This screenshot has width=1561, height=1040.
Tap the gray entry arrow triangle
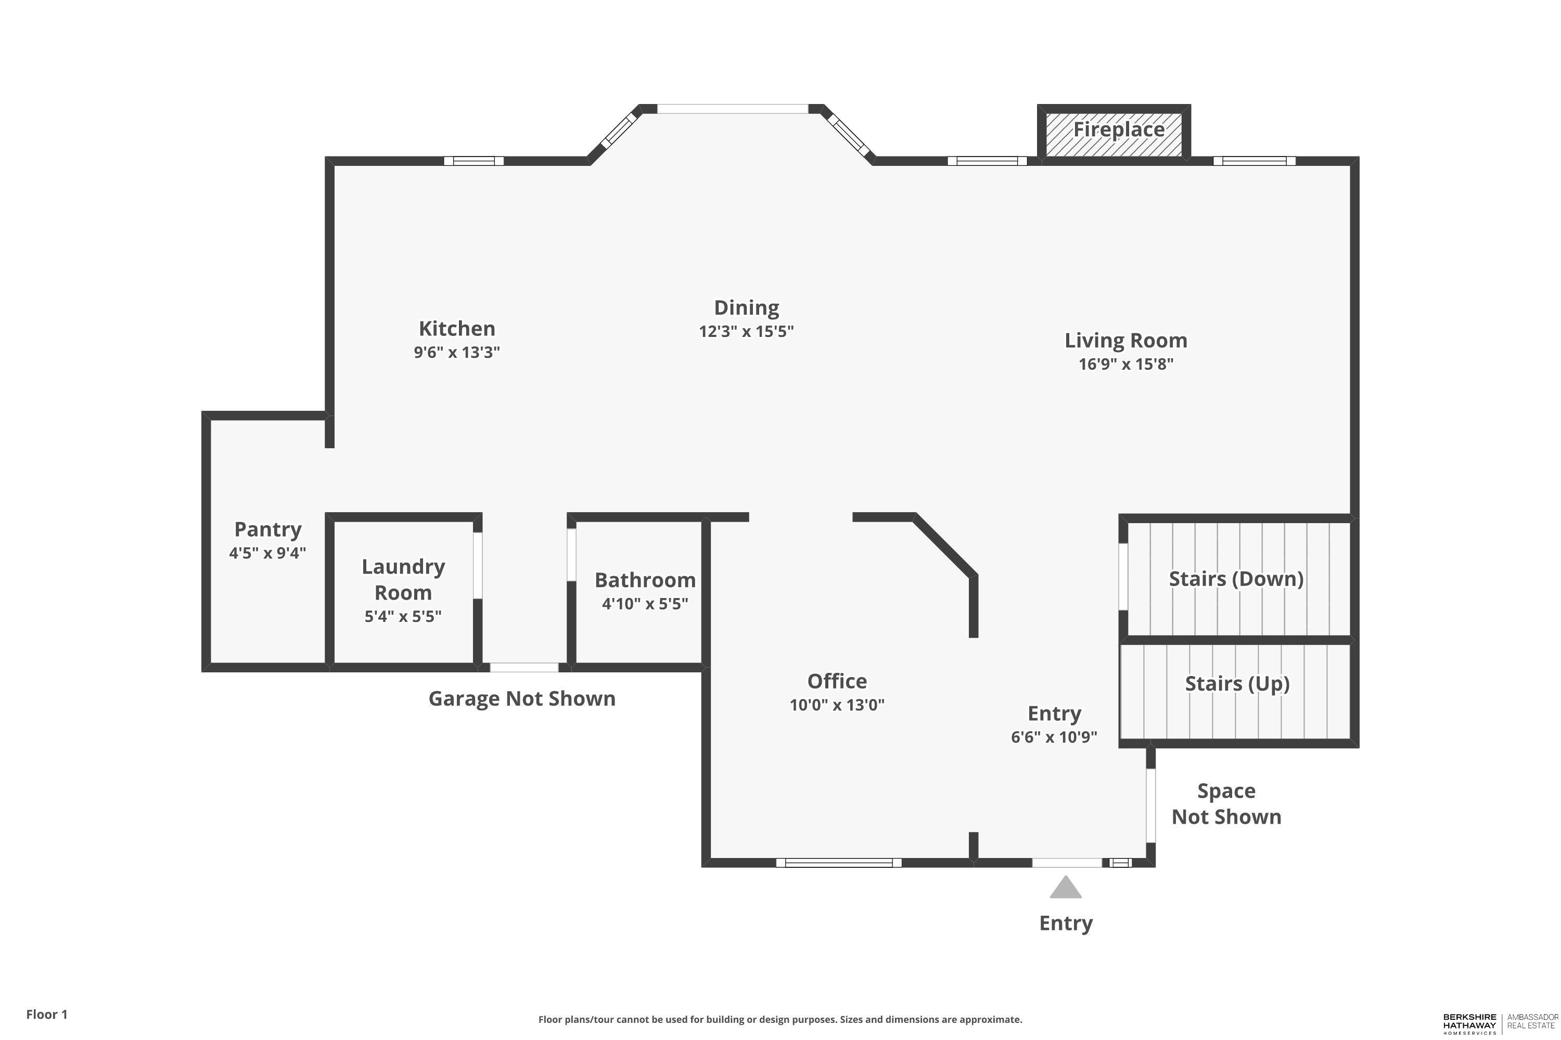1065,888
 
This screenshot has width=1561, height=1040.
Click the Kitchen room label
457,328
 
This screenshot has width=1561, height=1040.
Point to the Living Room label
1125,340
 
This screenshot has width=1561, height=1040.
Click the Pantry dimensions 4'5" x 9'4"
267,552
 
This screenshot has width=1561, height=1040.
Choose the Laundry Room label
403,579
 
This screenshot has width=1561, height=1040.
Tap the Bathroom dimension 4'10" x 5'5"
645,604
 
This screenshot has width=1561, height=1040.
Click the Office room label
836,681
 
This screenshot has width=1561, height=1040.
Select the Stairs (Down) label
1236,578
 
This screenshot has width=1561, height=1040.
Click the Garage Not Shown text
522,698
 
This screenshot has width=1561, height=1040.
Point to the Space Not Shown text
1226,803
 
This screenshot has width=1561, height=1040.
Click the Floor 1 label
46,1014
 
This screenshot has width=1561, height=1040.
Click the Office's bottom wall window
839,863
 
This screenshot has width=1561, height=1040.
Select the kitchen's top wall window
473,161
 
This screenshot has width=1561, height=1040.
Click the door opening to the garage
523,667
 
